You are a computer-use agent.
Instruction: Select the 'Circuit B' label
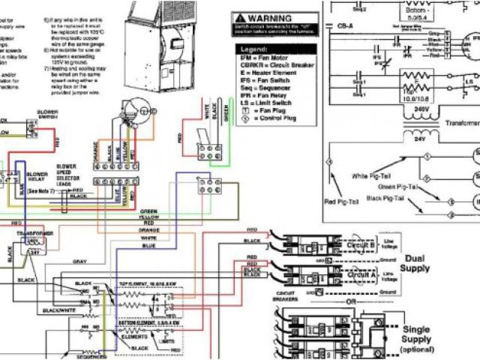click(352, 244)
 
